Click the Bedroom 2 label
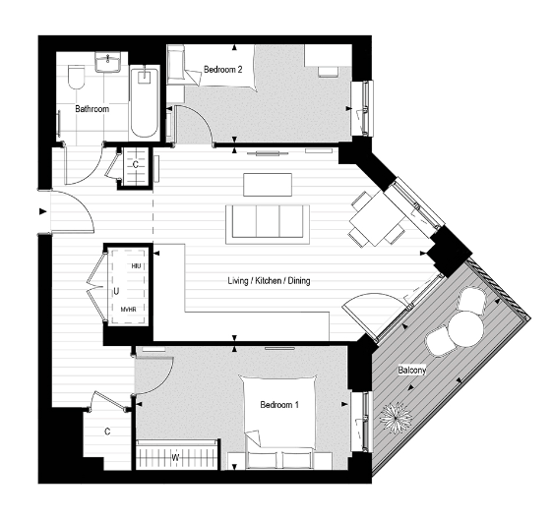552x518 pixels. [x=223, y=70]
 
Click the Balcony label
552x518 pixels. [x=412, y=371]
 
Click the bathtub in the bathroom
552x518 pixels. [x=144, y=103]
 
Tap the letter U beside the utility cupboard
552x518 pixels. [x=116, y=291]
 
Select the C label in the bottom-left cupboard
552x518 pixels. [x=107, y=431]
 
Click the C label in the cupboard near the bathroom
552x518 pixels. [x=135, y=166]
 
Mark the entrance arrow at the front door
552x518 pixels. [x=43, y=210]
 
